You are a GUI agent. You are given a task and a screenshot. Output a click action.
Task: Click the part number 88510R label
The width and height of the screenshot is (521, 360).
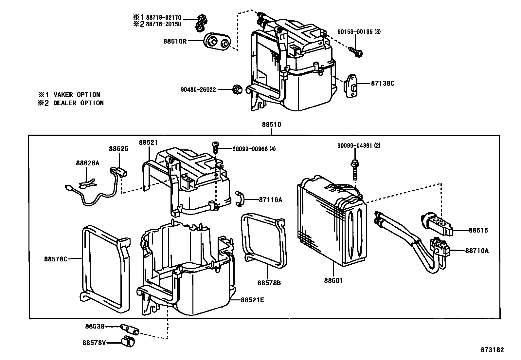click(175, 41)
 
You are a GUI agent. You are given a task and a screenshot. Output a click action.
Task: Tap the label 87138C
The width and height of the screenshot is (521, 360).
click(382, 83)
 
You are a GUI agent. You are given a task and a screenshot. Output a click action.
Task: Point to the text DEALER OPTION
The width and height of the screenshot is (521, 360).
click(79, 103)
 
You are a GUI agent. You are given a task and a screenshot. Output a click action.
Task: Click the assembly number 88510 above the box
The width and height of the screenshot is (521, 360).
click(271, 124)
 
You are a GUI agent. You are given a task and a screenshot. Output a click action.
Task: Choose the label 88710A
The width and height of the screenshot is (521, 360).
click(476, 251)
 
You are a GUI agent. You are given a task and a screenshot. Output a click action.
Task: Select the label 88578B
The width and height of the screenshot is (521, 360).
click(269, 283)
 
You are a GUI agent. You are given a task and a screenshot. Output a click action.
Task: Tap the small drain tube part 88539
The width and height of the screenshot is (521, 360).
click(130, 329)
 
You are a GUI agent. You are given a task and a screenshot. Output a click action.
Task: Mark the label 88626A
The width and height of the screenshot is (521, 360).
click(87, 163)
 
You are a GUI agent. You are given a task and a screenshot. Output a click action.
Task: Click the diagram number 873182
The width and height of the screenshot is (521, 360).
click(492, 350)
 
